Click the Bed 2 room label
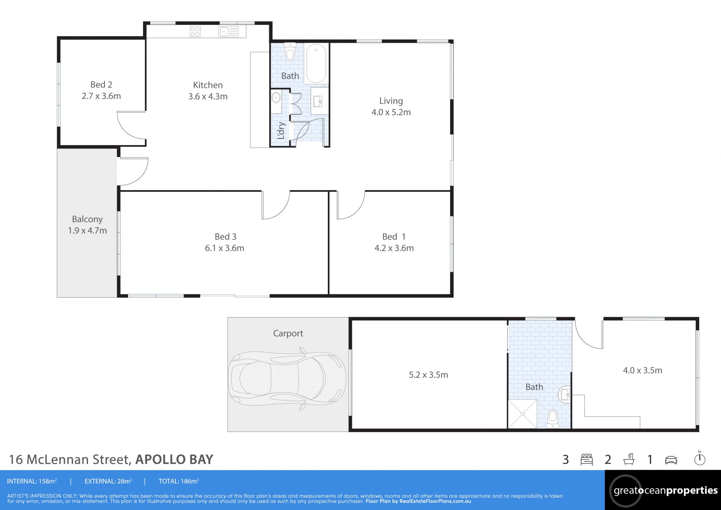101,85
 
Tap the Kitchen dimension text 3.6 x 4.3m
208,96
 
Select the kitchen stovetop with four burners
195,32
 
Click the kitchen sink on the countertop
228,32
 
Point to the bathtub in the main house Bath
316,63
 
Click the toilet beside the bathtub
290,51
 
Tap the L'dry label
281,130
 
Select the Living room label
391,101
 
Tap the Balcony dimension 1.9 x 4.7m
87,230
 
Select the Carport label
288,333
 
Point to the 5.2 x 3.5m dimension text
428,375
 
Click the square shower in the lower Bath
522,414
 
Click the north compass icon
700,458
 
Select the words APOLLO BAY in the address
174,459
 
